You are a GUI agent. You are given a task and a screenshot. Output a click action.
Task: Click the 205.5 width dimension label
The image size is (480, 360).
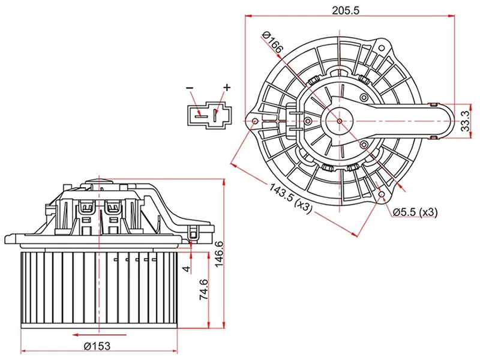click(x=348, y=10)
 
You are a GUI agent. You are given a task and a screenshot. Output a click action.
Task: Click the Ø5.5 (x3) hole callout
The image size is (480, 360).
click(x=415, y=212)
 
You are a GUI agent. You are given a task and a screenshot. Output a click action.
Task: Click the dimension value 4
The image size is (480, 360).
click(x=187, y=268)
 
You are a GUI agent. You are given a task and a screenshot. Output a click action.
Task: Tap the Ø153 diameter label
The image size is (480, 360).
click(x=97, y=347)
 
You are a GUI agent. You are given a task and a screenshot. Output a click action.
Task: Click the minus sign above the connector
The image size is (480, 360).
click(x=190, y=89)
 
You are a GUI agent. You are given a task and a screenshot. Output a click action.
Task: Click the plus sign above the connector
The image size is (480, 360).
click(x=227, y=88)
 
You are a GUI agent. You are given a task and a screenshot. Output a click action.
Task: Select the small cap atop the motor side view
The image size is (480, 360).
click(x=97, y=181)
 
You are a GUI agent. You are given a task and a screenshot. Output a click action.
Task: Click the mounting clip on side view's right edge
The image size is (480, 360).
click(x=193, y=234)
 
